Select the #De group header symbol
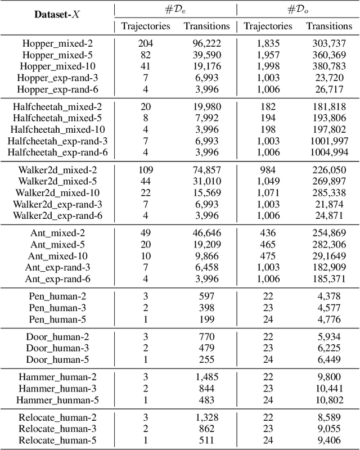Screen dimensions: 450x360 [175, 9]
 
